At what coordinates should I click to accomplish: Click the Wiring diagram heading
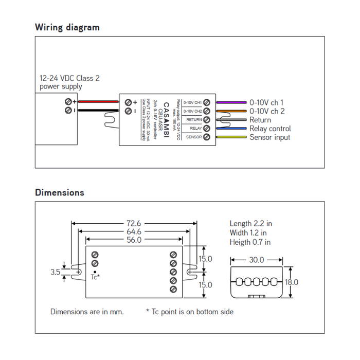coord(67,27)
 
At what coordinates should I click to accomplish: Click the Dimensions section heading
coord(59,192)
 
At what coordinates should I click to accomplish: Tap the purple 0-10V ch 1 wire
coord(231,102)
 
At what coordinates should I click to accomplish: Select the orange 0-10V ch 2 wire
coord(231,111)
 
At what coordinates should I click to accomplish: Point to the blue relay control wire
coord(231,129)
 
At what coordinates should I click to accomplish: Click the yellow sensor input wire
coord(231,137)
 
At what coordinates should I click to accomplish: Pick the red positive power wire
coord(98,102)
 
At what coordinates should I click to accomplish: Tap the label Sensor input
coord(269,137)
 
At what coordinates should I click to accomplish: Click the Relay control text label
coord(270,129)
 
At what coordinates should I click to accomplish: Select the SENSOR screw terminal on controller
coord(207,137)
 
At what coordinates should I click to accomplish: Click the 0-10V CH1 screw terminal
coord(207,102)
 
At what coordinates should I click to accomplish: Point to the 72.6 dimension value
coord(133,224)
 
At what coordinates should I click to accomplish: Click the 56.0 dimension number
coord(133,240)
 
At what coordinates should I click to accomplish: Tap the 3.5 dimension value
coord(56,272)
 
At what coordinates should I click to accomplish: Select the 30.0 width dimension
coord(257,260)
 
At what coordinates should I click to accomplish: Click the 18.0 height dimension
coord(291,282)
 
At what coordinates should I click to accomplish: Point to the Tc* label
coord(95,277)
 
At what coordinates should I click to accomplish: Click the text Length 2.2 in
coord(251,224)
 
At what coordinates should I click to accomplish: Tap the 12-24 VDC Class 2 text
coord(69,79)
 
